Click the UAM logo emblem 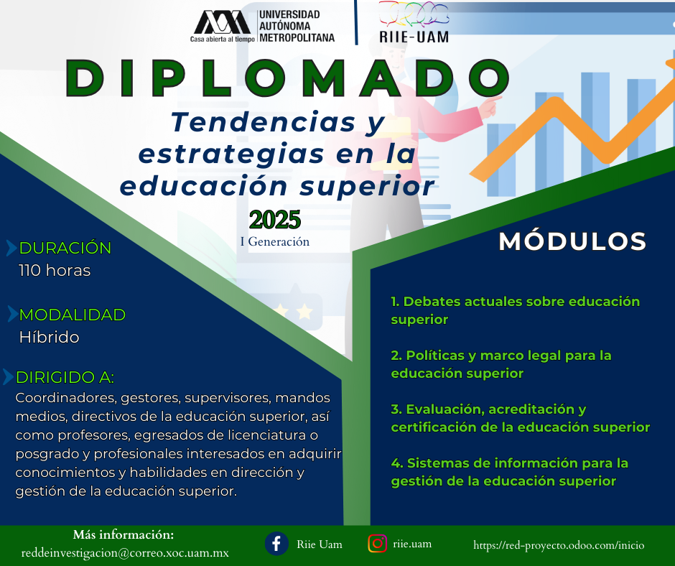[222, 22]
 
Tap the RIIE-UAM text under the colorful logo [414, 37]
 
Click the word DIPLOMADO [287, 78]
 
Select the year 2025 [274, 220]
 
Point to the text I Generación [274, 241]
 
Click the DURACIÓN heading [65, 248]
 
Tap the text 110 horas [55, 271]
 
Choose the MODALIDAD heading [73, 315]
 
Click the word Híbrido [49, 337]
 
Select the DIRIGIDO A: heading [65, 377]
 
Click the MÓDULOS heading [572, 241]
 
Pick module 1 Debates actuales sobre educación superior [516, 310]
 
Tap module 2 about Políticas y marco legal [501, 364]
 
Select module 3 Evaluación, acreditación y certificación [520, 418]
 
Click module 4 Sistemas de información [510, 472]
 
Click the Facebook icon [276, 544]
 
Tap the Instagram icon [378, 544]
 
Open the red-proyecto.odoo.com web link [559, 545]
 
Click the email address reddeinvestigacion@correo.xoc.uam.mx [125, 552]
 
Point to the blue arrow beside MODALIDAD [13, 315]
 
